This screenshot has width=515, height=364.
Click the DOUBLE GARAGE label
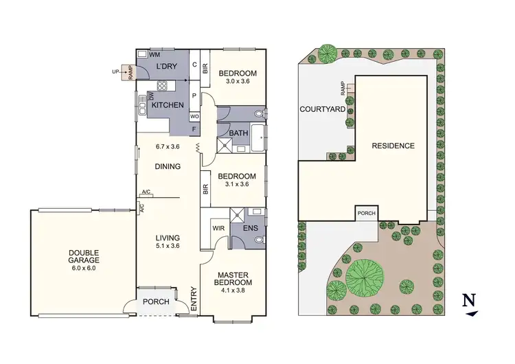pos(84,256)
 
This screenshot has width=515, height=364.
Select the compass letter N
pos(469,299)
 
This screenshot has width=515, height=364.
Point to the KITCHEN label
pos(168,105)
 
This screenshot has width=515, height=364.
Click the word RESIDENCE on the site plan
pos(393,146)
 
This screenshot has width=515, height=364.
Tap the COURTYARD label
pos(321,109)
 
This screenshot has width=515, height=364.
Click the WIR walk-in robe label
pos(219,227)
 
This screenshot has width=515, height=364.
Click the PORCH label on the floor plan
pos(156,302)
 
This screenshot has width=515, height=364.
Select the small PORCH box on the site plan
pos(366,213)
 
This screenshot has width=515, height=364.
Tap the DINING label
pos(168,166)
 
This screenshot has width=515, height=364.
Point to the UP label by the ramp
pos(115,71)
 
